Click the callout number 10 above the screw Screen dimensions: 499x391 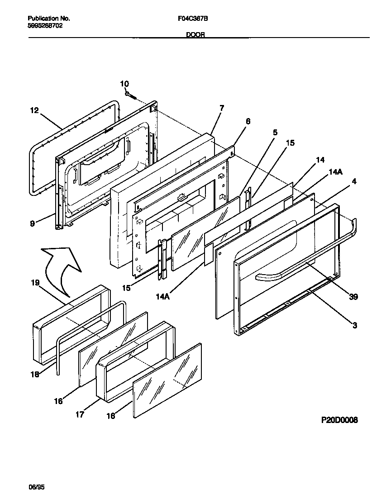click(124, 84)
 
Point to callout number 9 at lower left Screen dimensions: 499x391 click(33, 223)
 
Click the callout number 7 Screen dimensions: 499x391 click(222, 108)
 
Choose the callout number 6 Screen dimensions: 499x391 click(248, 121)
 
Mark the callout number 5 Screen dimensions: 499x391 click(275, 133)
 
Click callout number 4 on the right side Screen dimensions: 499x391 click(354, 181)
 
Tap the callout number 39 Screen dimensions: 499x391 click(353, 296)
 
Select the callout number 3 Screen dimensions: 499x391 click(354, 325)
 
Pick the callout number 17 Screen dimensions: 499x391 click(80, 414)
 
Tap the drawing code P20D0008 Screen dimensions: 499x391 click(339, 420)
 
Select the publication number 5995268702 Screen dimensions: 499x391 click(45, 26)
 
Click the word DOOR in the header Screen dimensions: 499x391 click(195, 35)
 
